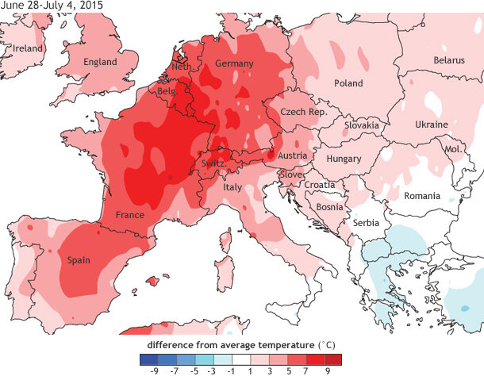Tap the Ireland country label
(28, 48)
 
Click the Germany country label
(234, 63)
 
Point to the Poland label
(348, 83)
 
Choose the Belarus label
(448, 60)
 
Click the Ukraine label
(432, 125)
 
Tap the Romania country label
(422, 195)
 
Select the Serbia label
(367, 223)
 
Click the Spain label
(79, 260)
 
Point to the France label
(129, 215)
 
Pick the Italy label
(232, 187)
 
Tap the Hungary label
(344, 159)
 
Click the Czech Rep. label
(307, 113)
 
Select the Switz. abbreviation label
(215, 163)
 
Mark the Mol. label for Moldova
(453, 149)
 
